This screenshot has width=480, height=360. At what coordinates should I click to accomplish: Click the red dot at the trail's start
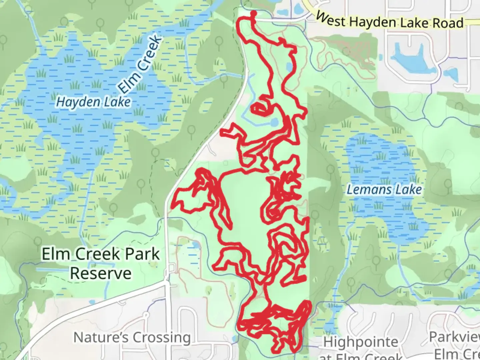click(253, 14)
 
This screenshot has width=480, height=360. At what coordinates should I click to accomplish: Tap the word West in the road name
click(331, 19)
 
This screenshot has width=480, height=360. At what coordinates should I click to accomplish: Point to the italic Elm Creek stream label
click(140, 65)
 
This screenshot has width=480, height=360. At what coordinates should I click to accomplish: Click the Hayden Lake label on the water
click(93, 102)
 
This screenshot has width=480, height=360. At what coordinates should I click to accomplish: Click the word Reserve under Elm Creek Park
click(101, 273)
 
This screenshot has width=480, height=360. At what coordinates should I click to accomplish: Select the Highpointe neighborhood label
click(361, 342)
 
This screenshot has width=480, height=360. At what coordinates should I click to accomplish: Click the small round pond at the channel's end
click(274, 123)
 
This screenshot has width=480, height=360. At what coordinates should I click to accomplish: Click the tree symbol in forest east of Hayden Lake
click(191, 131)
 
